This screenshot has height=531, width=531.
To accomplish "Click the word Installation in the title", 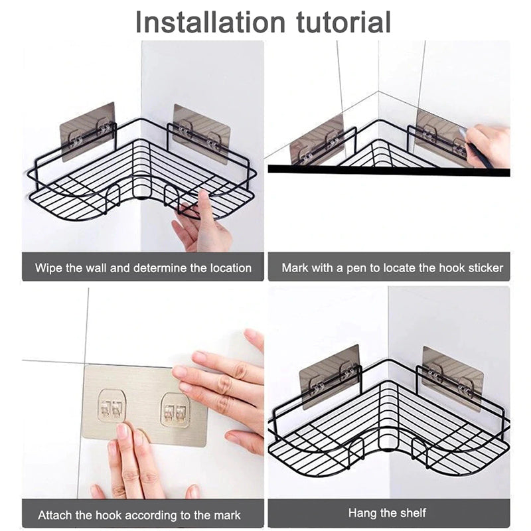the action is point(210,22).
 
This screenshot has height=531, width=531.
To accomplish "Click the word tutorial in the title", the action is point(343,22).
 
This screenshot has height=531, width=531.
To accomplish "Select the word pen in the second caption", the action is point(357,269).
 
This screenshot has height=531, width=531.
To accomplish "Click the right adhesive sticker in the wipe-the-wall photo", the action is point(202,133).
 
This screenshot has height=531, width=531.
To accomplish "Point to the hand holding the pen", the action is point(488,145).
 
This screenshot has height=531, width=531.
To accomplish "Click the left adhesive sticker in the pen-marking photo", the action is point(317,140).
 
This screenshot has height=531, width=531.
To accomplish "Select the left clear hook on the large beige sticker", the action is point(112,406).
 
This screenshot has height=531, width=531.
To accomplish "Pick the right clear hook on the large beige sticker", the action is point(175,410).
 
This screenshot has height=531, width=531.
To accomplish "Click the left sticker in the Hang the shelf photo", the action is point(329,376).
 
